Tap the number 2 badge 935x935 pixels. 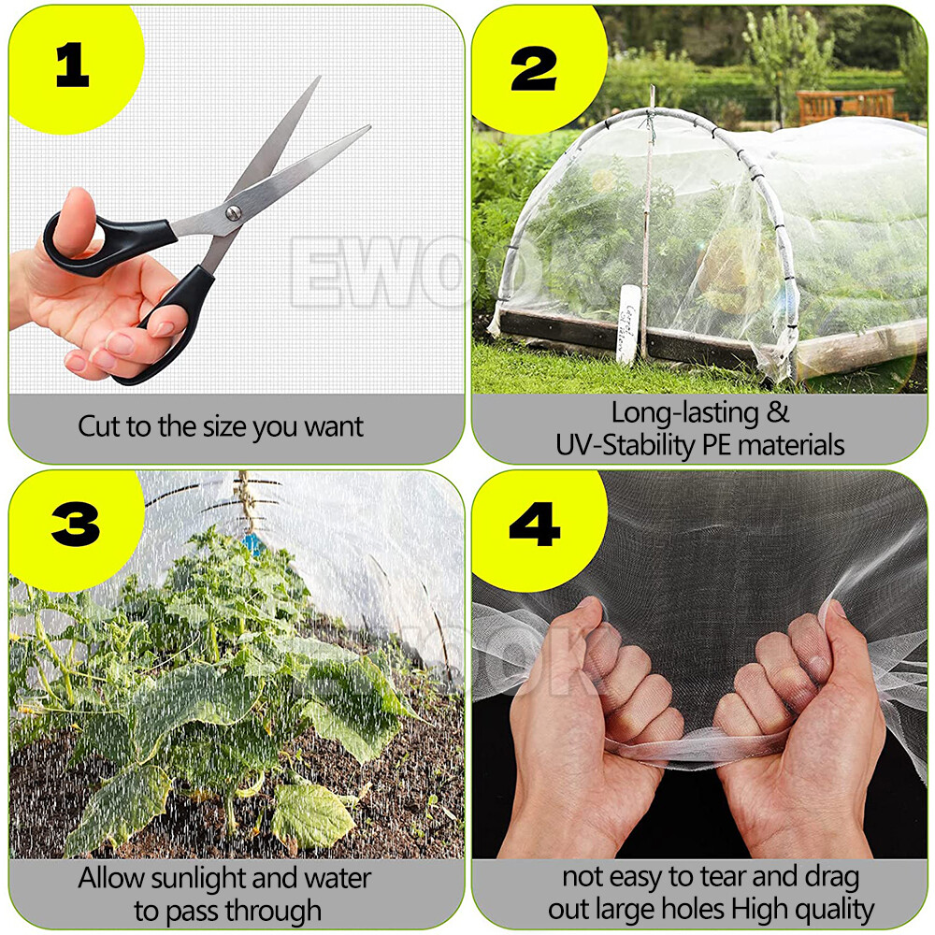click(x=534, y=67)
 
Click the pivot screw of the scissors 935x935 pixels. click(x=233, y=213)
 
